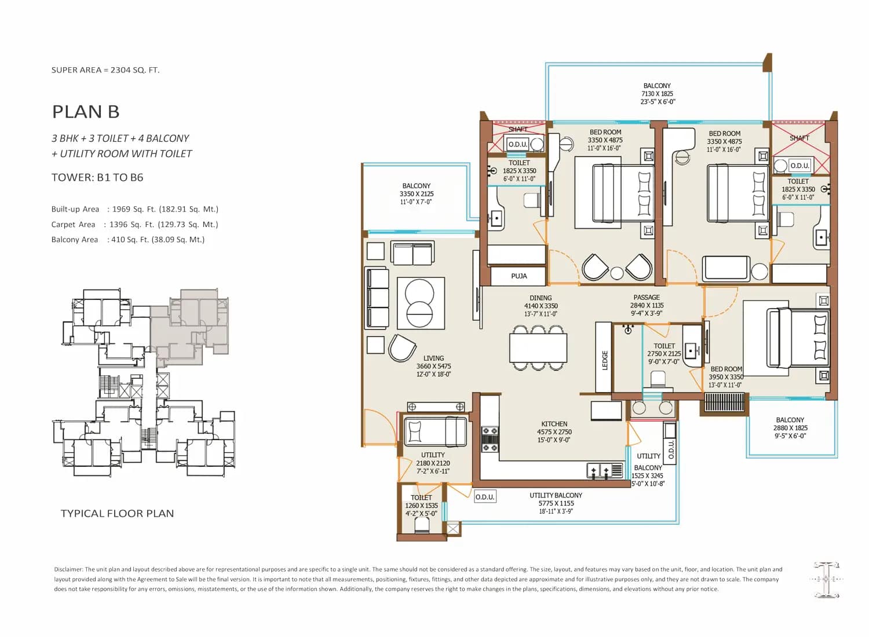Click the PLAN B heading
coord(86,112)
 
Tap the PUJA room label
coord(519,276)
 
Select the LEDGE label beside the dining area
coord(604,360)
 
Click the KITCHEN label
coord(554,424)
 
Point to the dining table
coord(538,347)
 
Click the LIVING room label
coord(433,358)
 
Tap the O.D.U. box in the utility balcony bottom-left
coord(485,497)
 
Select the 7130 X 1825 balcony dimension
coord(657,94)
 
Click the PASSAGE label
coord(647,298)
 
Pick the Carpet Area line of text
coord(134,225)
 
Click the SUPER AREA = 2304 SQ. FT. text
coord(105,70)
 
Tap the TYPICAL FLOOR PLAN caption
coord(117,513)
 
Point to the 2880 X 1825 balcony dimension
coord(790,428)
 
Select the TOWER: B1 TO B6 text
coord(97,178)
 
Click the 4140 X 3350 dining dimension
coord(541,306)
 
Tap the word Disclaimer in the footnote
coord(69,570)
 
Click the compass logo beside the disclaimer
coord(826,579)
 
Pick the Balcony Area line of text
coord(128,240)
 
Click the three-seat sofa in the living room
coord(377,298)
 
